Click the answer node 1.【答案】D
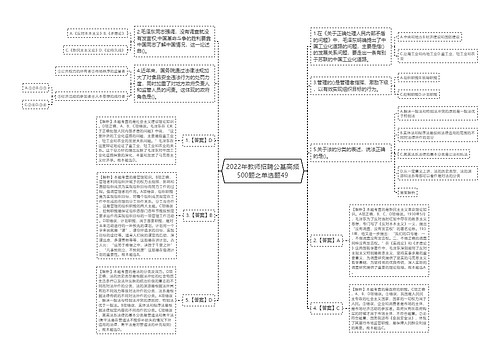click(198, 143)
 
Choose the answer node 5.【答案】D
click(198, 299)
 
